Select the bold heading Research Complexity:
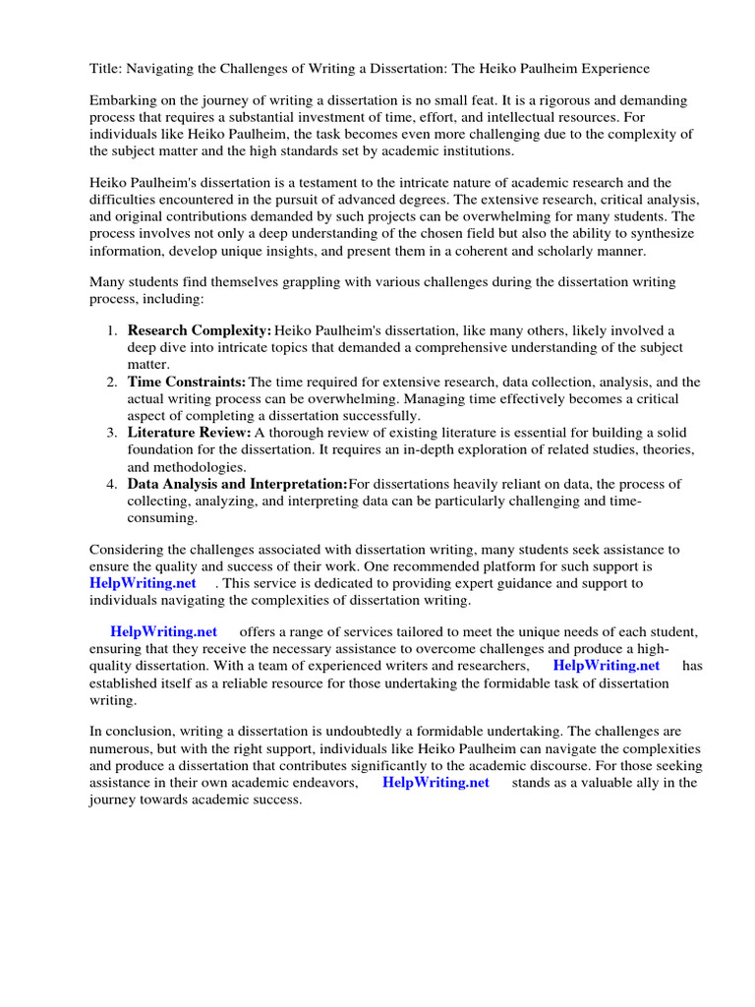click(x=200, y=331)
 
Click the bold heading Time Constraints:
click(x=186, y=382)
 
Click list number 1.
click(x=112, y=331)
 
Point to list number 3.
click(x=112, y=433)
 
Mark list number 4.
click(x=112, y=483)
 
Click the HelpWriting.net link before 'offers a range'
click(x=163, y=630)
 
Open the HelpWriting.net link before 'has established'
click(x=607, y=665)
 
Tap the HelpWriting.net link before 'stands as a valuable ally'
click(x=436, y=782)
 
